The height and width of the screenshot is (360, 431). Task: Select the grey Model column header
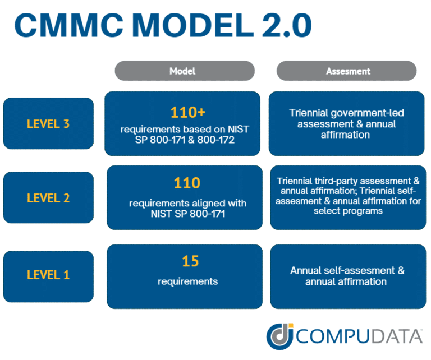pos(182,71)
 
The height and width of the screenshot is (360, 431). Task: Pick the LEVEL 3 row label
pos(48,123)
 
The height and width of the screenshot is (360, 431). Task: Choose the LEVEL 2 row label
pos(48,198)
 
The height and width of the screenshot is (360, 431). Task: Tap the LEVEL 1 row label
pos(48,275)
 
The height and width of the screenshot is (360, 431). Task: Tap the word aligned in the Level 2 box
pos(203,202)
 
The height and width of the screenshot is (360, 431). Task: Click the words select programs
pos(346,211)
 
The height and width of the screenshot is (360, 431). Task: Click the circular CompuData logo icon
pos(278,336)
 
